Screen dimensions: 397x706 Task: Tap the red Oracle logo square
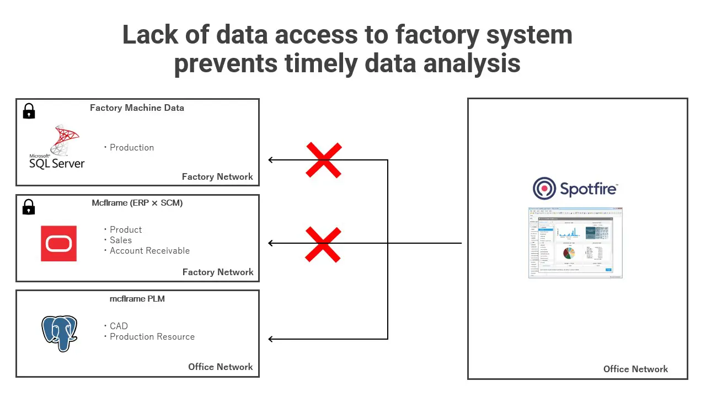point(58,243)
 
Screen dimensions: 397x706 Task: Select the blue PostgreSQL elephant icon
point(60,333)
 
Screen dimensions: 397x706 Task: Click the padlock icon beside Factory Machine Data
point(29,111)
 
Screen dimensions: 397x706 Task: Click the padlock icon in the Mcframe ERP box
point(29,207)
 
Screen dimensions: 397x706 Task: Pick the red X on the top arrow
point(324,160)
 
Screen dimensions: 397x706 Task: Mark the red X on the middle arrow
point(324,244)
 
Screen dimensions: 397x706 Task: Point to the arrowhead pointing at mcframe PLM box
point(271,339)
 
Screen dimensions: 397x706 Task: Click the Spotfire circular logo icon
point(544,189)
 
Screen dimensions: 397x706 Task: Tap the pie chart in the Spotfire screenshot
point(569,253)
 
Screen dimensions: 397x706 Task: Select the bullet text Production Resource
point(152,336)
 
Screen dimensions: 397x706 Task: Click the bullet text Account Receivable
point(149,250)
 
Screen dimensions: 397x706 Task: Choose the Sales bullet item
point(120,240)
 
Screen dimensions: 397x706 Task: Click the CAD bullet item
point(119,326)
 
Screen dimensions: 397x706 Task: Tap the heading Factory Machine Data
point(137,108)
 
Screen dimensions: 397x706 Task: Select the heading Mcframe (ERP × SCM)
point(137,203)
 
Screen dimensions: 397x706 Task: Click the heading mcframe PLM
point(137,299)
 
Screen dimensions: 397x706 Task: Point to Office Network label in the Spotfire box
point(635,369)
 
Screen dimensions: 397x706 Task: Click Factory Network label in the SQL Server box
point(217,176)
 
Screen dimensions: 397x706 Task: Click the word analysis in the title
point(472,63)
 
